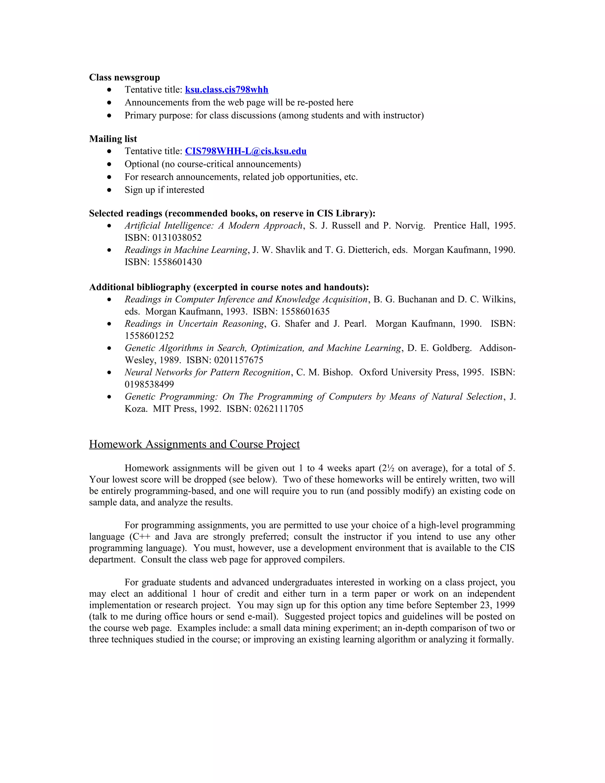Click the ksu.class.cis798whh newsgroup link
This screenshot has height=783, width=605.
coord(227,90)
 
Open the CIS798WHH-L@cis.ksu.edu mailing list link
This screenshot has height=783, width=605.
coord(245,151)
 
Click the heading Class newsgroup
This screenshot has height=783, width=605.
coord(124,77)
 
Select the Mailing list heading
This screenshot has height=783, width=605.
coord(113,139)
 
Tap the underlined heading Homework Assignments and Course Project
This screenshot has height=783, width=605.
coord(194,444)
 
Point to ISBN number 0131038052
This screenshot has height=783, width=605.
coord(177,238)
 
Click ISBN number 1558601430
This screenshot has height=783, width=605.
coord(177,262)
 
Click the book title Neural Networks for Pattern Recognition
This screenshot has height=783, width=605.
coord(207,373)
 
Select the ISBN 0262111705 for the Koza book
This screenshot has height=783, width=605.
coord(279,409)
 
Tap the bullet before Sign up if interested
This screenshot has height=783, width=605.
coord(109,190)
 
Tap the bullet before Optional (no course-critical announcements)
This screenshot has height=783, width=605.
coord(109,164)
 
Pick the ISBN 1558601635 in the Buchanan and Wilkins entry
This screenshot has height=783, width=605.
coord(305,311)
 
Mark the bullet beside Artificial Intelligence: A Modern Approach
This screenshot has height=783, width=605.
coord(109,226)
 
